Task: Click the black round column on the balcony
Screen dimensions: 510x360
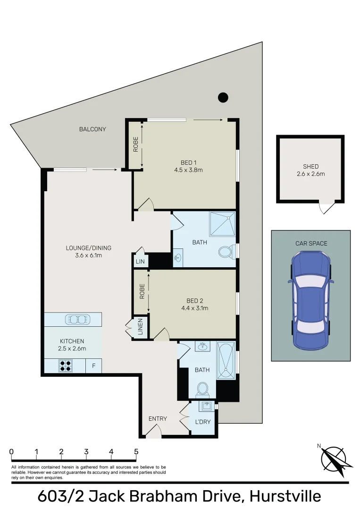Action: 223,98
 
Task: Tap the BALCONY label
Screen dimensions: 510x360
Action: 92,129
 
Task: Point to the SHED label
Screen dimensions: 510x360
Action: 310,167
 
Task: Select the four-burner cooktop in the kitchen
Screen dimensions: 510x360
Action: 66,365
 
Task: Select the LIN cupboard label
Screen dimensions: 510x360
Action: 141,261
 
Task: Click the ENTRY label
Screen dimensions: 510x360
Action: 158,418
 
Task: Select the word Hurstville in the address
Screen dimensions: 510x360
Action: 285,496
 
